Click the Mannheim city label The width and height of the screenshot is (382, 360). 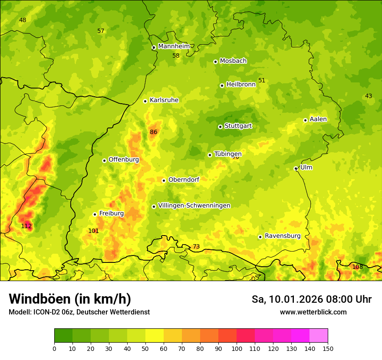click(174, 46)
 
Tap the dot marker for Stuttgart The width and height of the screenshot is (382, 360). click(220, 127)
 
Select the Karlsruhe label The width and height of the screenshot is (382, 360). click(164, 100)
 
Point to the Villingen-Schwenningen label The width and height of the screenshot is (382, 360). click(194, 206)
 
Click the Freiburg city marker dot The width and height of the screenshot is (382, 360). click(95, 214)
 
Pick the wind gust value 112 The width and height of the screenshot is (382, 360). click(26, 226)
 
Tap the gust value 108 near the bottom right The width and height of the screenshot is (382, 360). click(357, 267)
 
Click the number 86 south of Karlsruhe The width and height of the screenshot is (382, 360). click(153, 132)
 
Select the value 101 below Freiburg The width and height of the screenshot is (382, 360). click(93, 231)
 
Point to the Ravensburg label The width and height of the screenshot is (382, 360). click(282, 236)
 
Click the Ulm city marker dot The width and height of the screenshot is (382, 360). click(296, 168)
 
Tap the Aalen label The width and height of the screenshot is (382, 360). click(318, 119)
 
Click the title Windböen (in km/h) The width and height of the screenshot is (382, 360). click(69, 299)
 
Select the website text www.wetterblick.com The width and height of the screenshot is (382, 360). click(313, 312)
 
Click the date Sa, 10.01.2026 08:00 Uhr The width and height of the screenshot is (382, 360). click(311, 299)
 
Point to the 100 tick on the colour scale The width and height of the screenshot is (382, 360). click(237, 348)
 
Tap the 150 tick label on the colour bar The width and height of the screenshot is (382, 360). click(328, 348)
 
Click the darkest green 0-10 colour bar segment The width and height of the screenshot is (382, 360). click(63, 335)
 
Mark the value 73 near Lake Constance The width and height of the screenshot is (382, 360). click(196, 246)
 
